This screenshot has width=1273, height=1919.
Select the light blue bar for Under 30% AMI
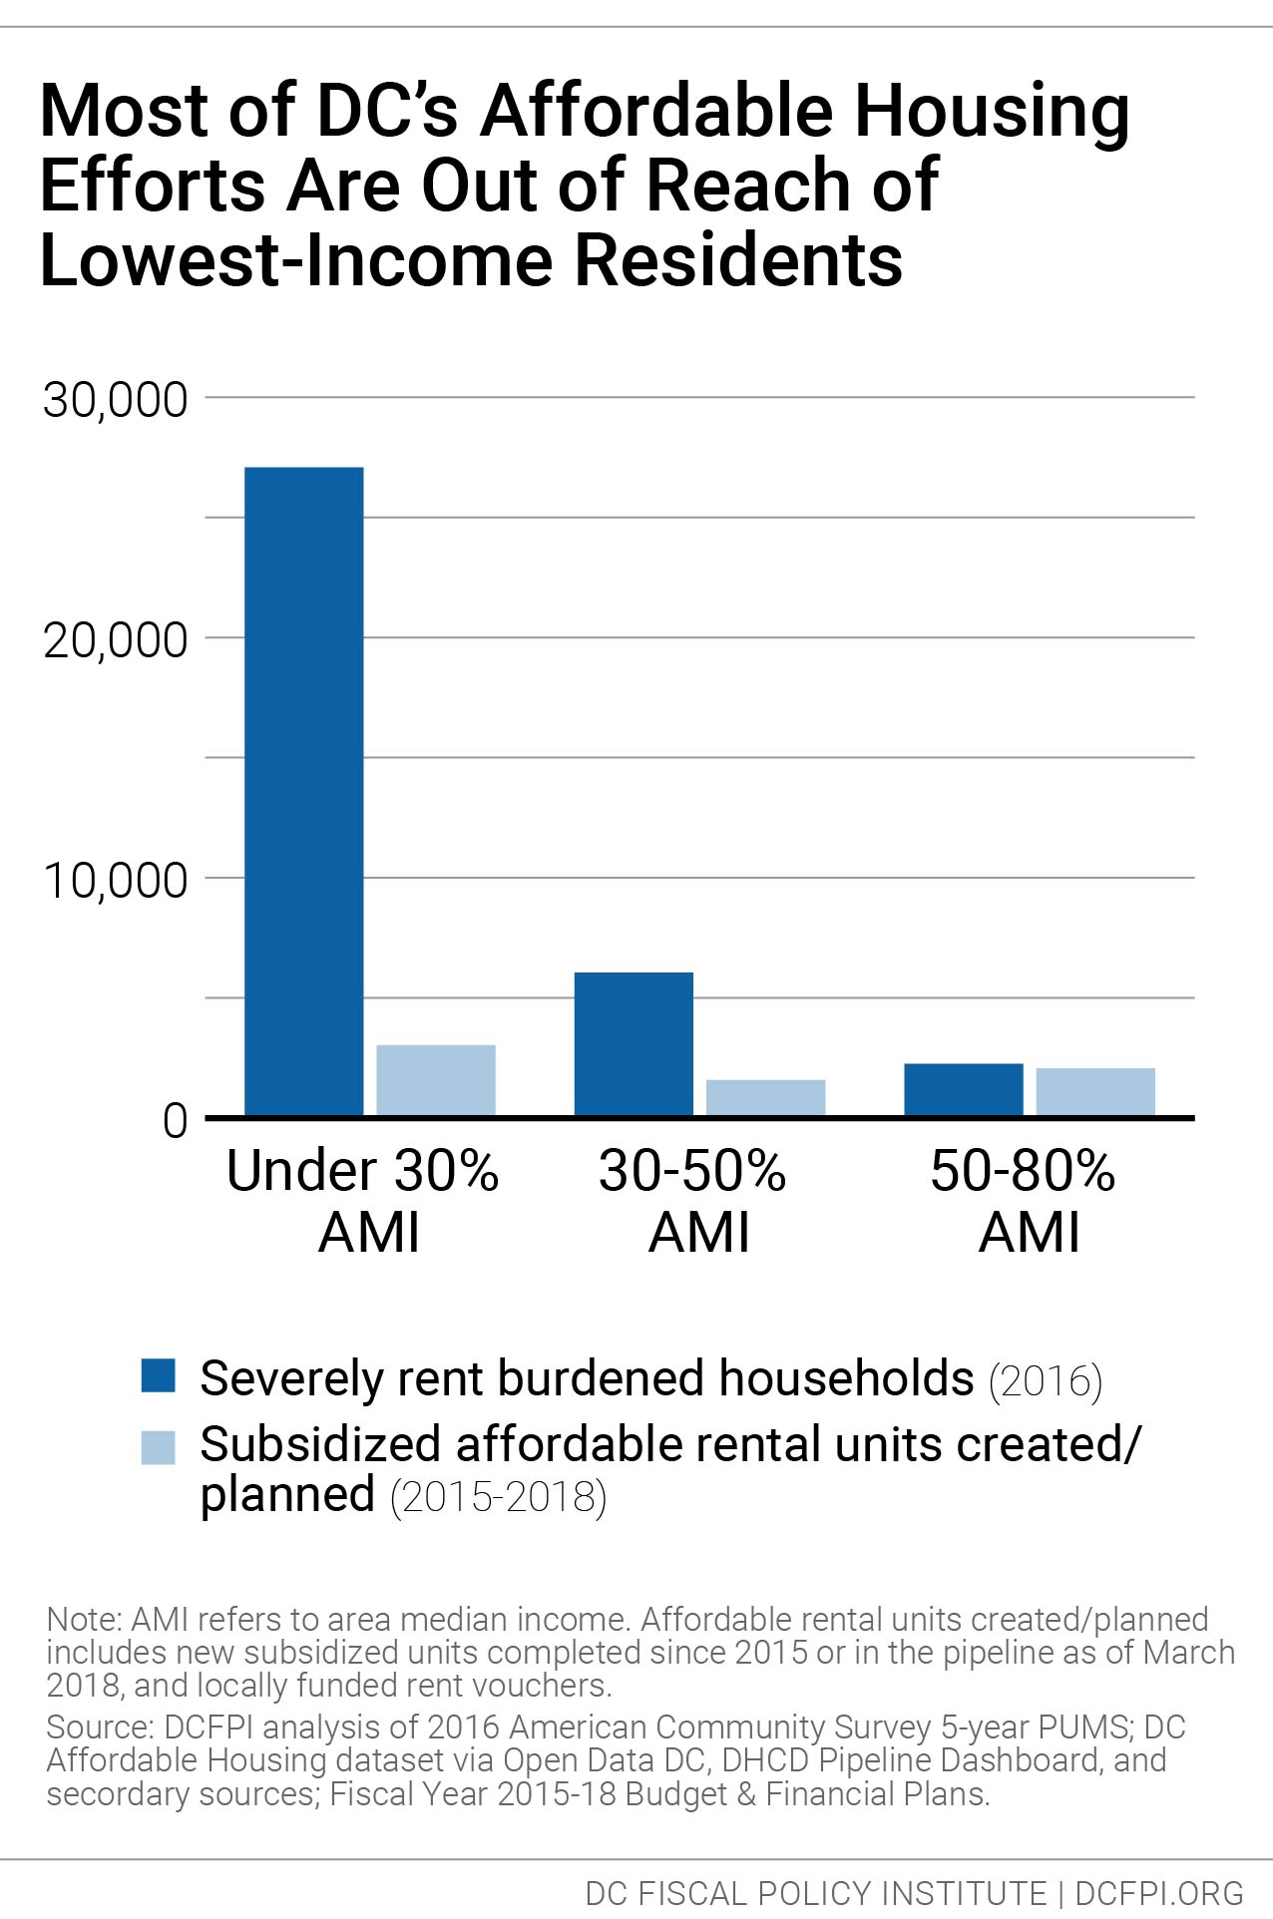tap(436, 1080)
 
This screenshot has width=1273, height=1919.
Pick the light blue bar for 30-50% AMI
tap(765, 1097)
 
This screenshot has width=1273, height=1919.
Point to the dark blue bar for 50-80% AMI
tap(964, 1089)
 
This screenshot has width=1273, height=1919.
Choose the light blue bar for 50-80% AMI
tap(1095, 1091)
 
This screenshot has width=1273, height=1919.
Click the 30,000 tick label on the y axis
tap(115, 400)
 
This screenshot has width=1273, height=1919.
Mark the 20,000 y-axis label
tap(115, 640)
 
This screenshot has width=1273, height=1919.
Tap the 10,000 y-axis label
tap(115, 881)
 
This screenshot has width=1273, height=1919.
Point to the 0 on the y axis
tap(175, 1121)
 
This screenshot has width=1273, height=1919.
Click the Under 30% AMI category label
tap(363, 1201)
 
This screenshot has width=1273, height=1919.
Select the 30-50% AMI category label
tap(693, 1201)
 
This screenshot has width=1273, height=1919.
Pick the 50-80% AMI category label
tap(1024, 1201)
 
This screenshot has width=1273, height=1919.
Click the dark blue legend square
tap(159, 1374)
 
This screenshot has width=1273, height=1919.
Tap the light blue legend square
tap(159, 1447)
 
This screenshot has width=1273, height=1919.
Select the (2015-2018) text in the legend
tap(498, 1498)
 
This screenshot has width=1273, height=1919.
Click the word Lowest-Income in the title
tap(296, 261)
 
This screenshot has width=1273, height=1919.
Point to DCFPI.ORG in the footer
tap(1159, 1893)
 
